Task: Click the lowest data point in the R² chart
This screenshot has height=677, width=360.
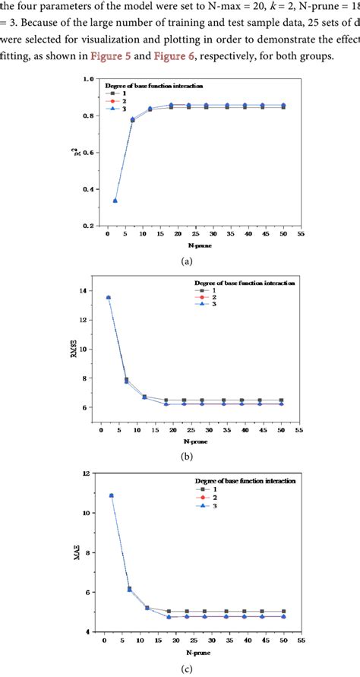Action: (x=115, y=201)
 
